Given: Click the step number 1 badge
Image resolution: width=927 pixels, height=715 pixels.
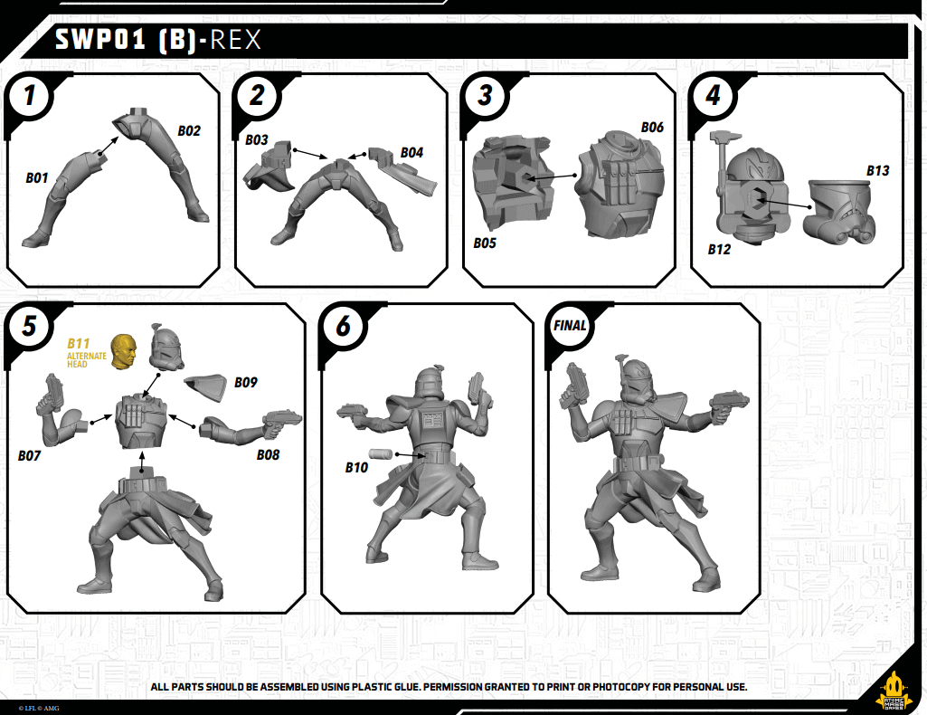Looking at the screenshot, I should tap(31, 95).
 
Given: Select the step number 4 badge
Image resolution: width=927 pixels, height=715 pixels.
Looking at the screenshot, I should tap(714, 95).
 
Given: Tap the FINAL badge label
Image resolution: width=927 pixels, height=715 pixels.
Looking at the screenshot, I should tap(570, 326).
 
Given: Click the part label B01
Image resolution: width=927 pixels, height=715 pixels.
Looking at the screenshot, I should tap(37, 178).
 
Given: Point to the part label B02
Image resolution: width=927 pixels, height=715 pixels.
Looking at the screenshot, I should tap(189, 130).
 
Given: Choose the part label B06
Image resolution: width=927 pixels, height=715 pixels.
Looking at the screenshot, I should tap(652, 128).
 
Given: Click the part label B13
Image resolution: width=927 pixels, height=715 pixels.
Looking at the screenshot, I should tap(877, 170).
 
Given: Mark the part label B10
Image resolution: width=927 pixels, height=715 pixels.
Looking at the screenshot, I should tap(356, 468).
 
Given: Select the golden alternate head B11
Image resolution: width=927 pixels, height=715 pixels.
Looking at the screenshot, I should tap(123, 350).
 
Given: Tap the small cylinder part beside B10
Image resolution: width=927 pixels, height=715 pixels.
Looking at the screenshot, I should tap(380, 454).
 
